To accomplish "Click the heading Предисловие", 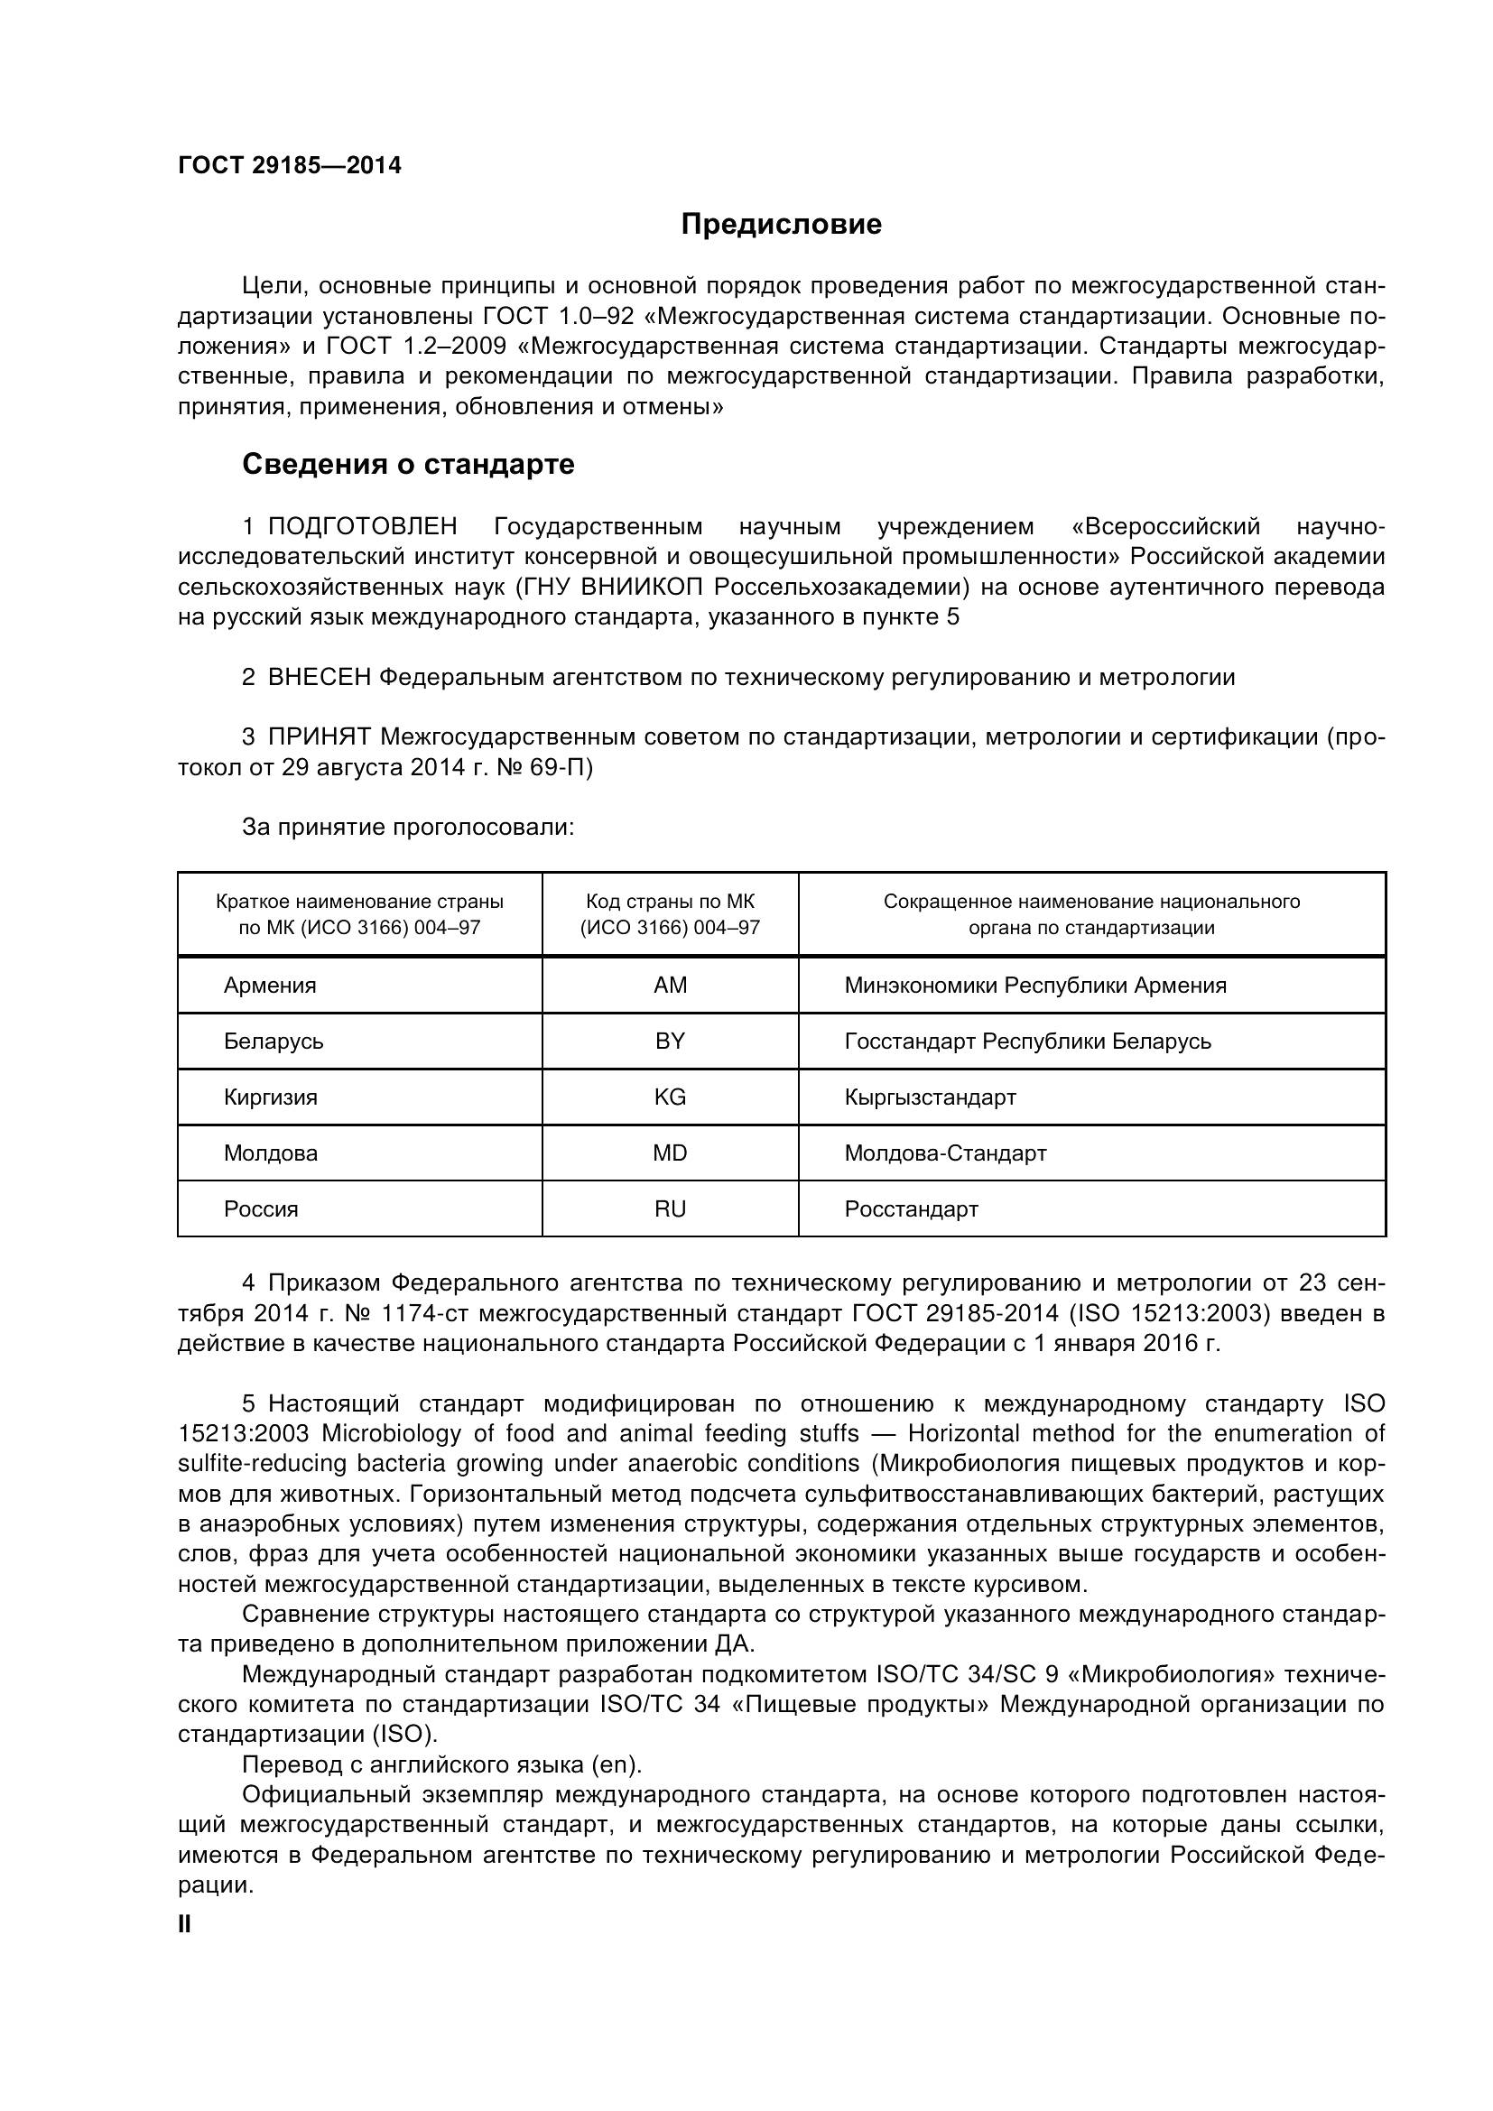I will pyautogui.click(x=781, y=225).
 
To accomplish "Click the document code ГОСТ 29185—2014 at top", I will pyautogui.click(x=290, y=165).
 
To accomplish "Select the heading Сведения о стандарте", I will pyautogui.click(x=408, y=464).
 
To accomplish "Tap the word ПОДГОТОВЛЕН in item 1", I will pyautogui.click(x=362, y=527).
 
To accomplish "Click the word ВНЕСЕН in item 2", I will pyautogui.click(x=319, y=678).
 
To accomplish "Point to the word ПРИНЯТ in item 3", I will pyautogui.click(x=319, y=737).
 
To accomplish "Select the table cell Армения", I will pyautogui.click(x=269, y=986).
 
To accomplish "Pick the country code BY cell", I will pyautogui.click(x=669, y=1041).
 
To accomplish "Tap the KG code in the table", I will pyautogui.click(x=669, y=1097).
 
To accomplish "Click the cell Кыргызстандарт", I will pyautogui.click(x=930, y=1097).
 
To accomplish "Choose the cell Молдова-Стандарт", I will pyautogui.click(x=945, y=1153).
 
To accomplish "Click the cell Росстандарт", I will pyautogui.click(x=911, y=1209).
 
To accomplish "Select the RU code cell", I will pyautogui.click(x=669, y=1209).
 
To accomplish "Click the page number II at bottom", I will pyautogui.click(x=184, y=1924).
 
